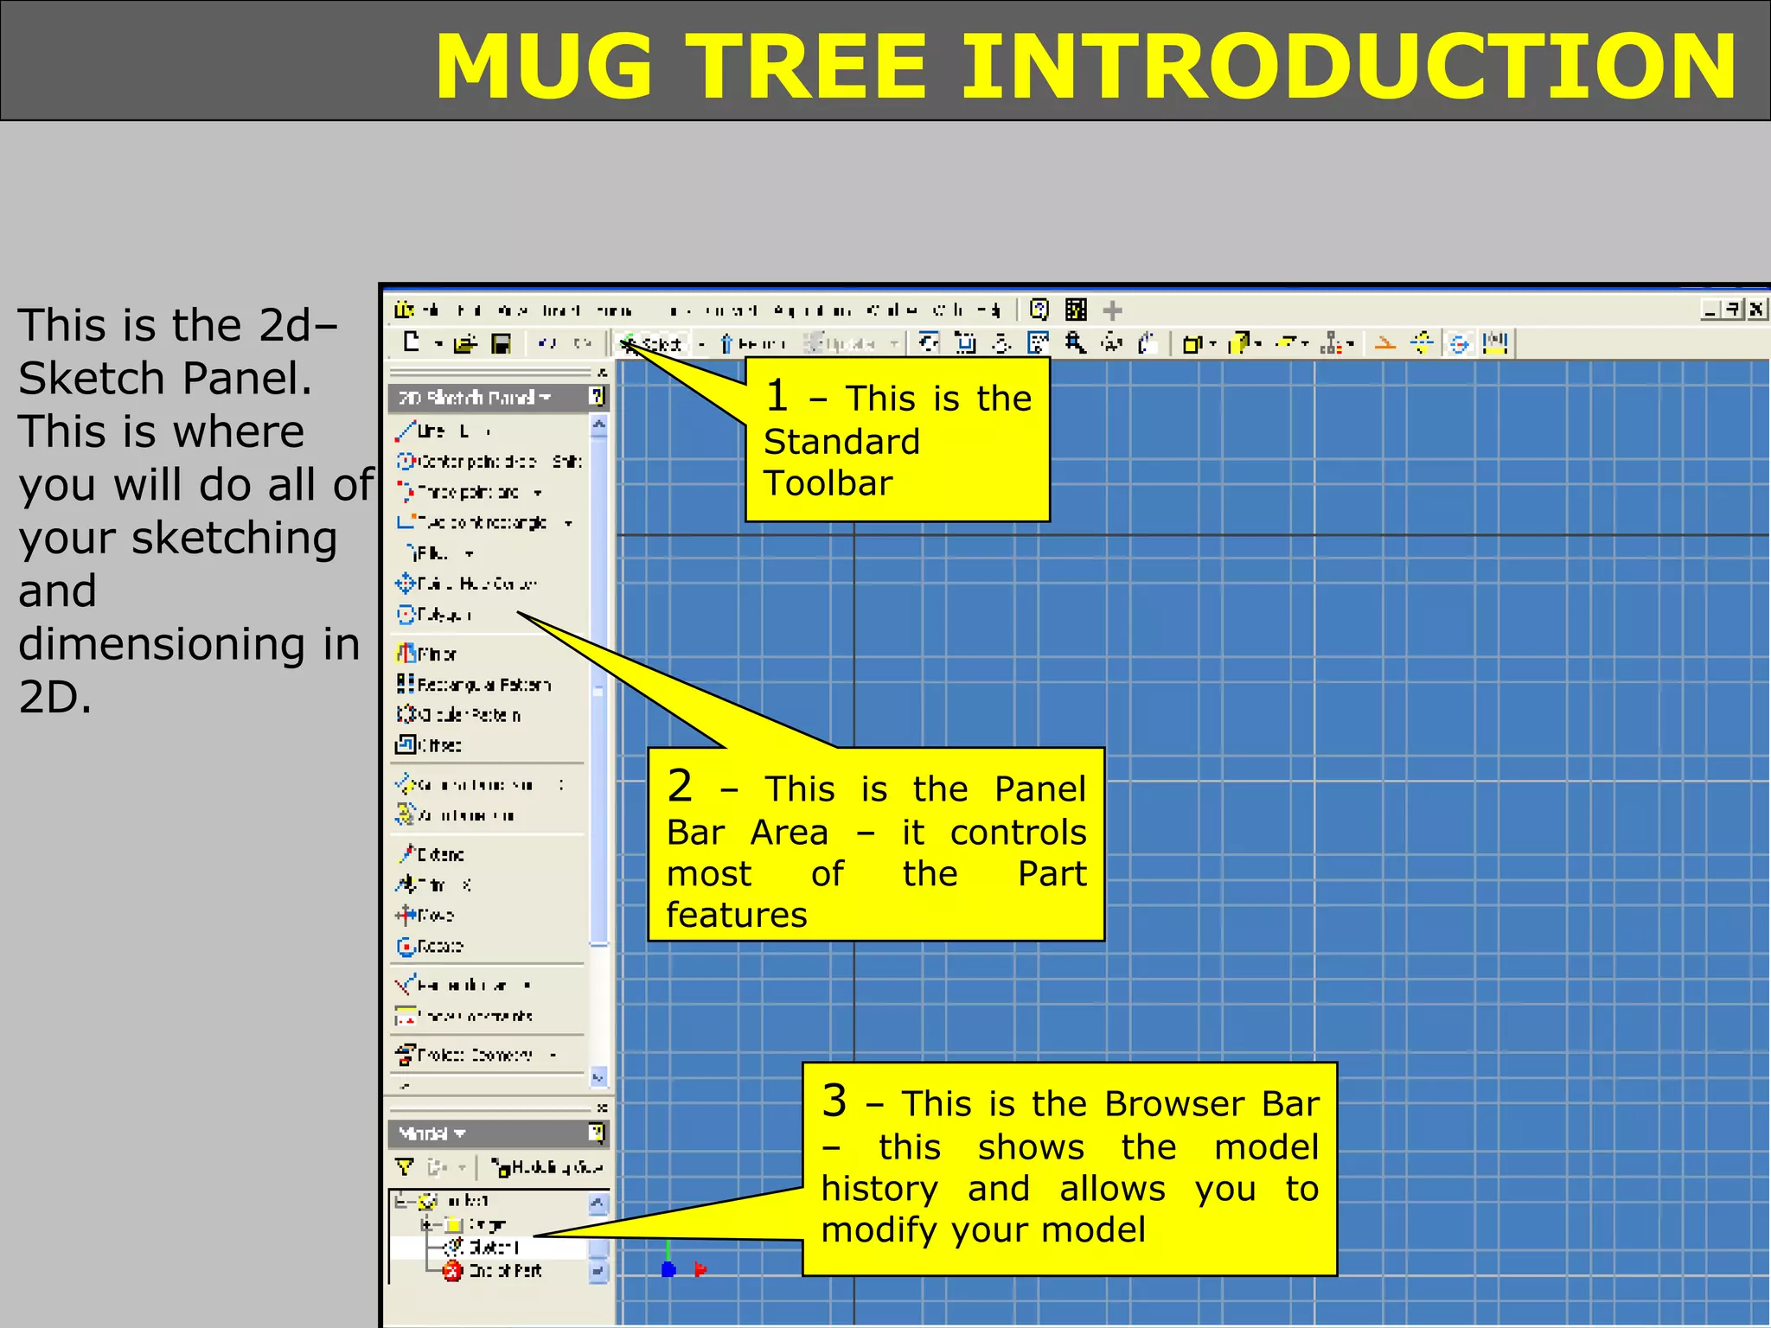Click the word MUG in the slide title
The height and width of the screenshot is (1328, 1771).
point(544,67)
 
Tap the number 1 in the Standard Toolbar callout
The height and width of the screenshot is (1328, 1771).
point(777,396)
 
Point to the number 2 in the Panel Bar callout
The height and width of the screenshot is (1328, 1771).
point(680,786)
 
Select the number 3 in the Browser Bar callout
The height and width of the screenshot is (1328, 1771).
point(834,1101)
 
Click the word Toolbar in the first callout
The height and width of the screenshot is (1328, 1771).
point(828,483)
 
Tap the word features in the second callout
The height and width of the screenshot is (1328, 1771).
point(737,915)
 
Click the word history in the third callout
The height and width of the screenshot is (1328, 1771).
point(879,1190)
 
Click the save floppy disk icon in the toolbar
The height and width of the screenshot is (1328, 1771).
point(501,344)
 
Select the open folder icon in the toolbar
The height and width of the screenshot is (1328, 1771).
point(465,344)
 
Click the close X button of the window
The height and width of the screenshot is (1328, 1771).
point(1756,309)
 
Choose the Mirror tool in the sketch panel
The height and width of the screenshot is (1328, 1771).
point(425,654)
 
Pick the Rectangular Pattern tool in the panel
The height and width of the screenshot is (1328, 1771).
point(473,685)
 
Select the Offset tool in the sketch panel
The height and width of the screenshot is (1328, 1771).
point(428,745)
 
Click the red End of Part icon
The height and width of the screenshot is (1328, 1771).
point(452,1271)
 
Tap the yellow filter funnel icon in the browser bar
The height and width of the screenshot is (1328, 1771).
point(404,1167)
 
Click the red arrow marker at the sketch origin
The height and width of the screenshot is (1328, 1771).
point(700,1269)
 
